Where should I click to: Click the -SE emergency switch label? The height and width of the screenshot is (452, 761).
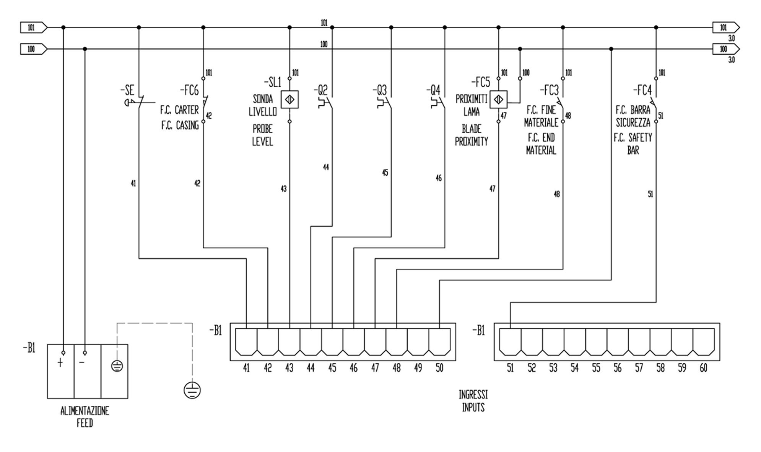(127, 90)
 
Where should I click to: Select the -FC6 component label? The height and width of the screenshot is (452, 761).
(190, 90)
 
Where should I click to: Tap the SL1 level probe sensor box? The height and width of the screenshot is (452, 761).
(289, 100)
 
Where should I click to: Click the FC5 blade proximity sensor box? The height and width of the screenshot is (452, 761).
(498, 100)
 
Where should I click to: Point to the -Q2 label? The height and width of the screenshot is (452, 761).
(321, 90)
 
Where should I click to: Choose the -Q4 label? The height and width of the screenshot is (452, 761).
(434, 90)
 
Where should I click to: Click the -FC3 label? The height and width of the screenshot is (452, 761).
(549, 90)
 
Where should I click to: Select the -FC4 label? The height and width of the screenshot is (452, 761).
(642, 90)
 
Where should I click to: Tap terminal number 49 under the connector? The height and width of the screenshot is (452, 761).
(418, 368)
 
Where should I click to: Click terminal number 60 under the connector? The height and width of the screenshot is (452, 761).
(703, 368)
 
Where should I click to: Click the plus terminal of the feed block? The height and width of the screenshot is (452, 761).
(60, 363)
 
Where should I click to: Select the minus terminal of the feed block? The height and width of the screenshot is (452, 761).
(82, 362)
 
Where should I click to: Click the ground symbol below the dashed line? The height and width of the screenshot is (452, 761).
(192, 390)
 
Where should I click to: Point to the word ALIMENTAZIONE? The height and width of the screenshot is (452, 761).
(85, 411)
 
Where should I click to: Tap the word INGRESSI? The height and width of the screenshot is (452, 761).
(473, 395)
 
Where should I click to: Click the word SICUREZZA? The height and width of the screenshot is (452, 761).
(633, 123)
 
